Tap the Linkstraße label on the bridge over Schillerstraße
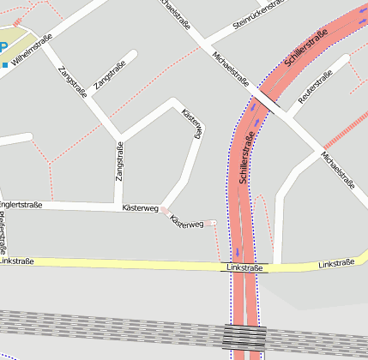point(245,268)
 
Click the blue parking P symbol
point(3,49)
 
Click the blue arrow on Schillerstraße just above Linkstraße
point(238,253)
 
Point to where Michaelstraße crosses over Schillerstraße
point(267,100)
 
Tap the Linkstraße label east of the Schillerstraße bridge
point(336,263)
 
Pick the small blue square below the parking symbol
point(5,64)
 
